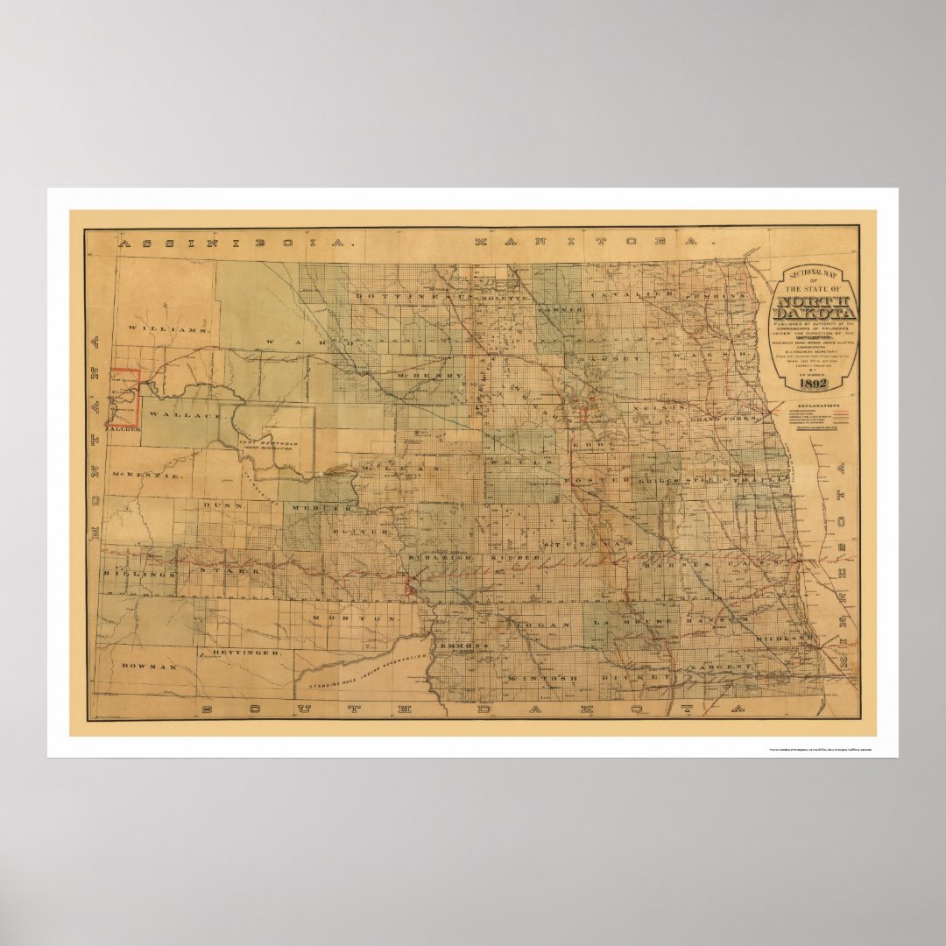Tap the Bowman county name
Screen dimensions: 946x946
151,667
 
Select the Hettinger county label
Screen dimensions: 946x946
246,653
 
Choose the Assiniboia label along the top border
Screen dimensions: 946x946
236,243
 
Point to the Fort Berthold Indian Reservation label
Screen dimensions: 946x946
268,445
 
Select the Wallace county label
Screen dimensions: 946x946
185,414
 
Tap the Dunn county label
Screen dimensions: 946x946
222,505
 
